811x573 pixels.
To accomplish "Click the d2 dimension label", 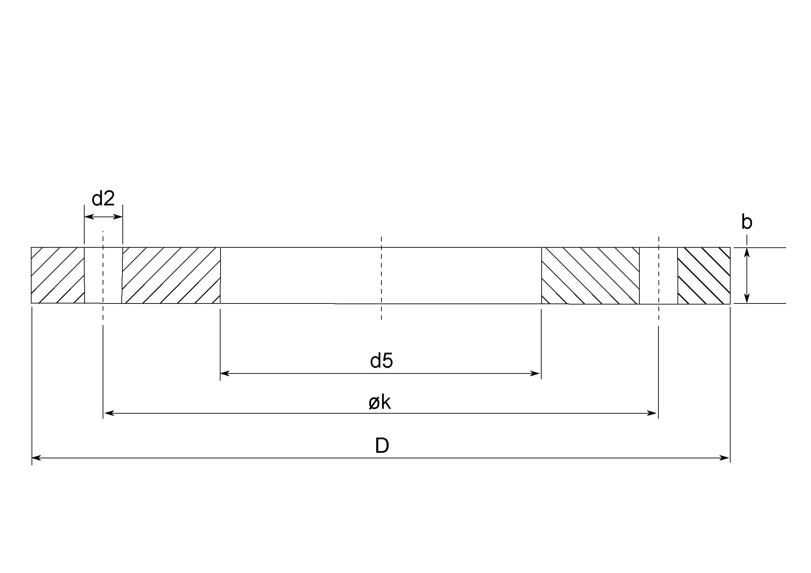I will [x=103, y=199].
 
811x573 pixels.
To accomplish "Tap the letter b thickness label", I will [x=747, y=222].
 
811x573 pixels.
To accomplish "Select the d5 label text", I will [x=381, y=361].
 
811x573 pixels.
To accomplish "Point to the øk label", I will [x=380, y=403].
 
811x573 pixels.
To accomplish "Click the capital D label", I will [x=382, y=446].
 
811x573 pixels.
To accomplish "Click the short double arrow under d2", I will [x=103, y=217].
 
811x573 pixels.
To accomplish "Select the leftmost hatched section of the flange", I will [x=58, y=275].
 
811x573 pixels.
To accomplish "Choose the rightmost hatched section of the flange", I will [x=704, y=275].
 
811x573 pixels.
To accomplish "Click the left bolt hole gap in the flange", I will [x=103, y=275].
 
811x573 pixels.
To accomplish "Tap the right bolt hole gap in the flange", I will [x=658, y=275].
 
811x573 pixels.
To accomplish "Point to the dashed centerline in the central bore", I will [x=381, y=277].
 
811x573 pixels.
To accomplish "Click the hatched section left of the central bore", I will [x=171, y=275].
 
